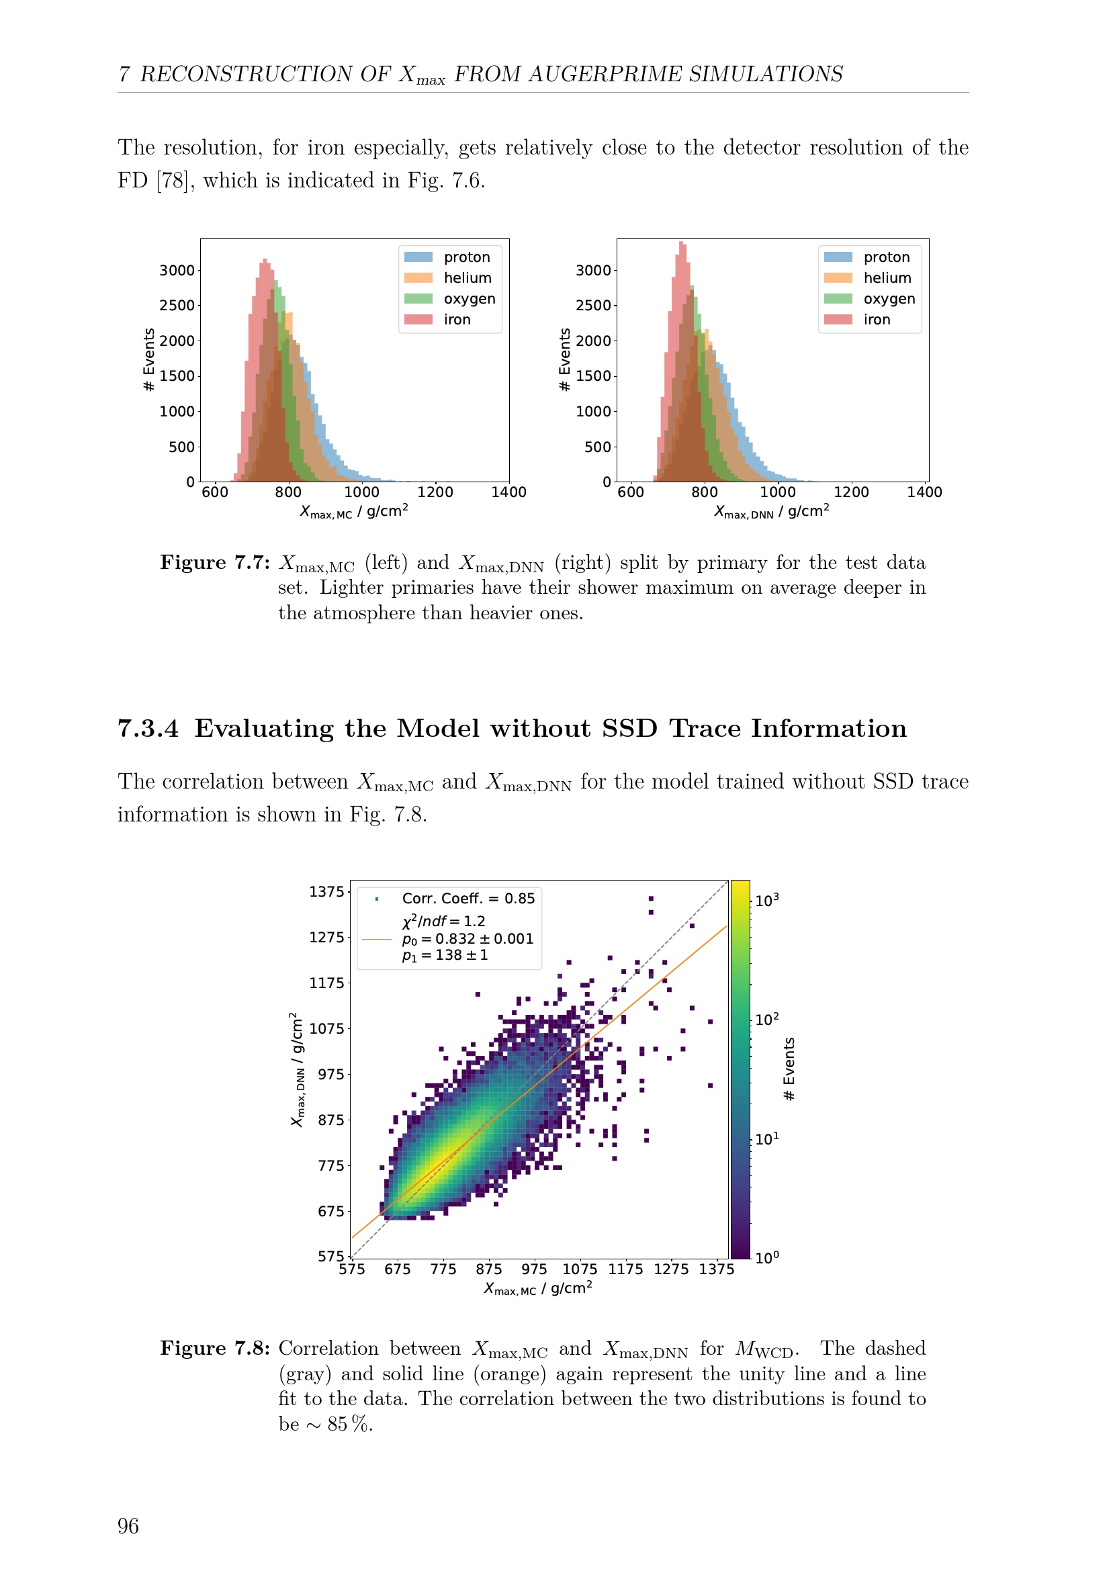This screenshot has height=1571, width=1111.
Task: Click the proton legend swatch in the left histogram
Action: [418, 257]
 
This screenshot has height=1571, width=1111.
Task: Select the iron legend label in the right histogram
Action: [877, 320]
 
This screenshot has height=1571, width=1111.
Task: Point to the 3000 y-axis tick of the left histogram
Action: [177, 270]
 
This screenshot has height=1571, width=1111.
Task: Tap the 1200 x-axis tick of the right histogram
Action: [851, 492]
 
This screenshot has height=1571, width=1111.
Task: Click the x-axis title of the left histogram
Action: [354, 511]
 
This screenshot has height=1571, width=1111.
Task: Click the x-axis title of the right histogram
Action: [772, 511]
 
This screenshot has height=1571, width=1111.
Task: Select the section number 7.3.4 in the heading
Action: [148, 729]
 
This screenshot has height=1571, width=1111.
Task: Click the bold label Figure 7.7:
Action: [215, 562]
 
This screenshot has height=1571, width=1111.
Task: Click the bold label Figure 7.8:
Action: [215, 1348]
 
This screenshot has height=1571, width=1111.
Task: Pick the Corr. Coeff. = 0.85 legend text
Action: [468, 899]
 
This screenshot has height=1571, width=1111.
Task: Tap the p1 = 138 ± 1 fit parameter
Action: [445, 955]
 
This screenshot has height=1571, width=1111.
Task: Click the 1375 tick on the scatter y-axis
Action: [326, 891]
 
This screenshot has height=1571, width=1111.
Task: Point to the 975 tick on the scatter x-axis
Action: [534, 1269]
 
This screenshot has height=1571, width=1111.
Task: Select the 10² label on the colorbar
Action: [767, 1020]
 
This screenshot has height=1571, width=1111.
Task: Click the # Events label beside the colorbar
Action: [789, 1069]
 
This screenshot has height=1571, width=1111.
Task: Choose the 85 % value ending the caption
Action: [349, 1424]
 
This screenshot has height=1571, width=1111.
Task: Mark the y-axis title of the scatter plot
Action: [297, 1069]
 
